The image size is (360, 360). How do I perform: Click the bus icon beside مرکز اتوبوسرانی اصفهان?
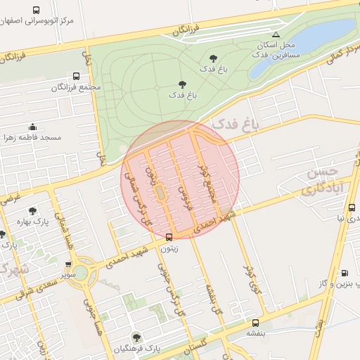coord(37,11)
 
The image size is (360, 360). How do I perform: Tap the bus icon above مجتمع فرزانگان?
coord(76,76)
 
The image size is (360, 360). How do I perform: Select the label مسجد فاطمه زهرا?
coord(36,137)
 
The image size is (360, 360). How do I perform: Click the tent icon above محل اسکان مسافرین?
coord(276,34)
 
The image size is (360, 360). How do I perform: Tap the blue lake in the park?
coord(309,46)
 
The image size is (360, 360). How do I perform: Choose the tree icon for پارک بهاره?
coord(32,210)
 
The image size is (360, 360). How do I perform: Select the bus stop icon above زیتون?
coord(169,237)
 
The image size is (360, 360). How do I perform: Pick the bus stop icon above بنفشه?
coord(255,323)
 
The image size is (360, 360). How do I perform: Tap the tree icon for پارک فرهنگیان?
coord(136,337)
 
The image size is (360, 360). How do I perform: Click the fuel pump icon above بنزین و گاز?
coord(344,273)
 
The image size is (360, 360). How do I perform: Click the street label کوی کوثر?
coord(250,278)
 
